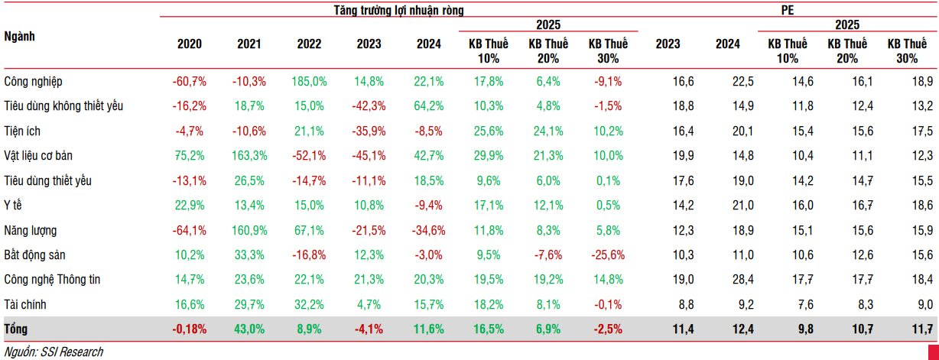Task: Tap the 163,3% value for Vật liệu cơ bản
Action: [250, 156]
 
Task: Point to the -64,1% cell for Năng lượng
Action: [189, 230]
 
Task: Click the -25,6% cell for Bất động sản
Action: [608, 255]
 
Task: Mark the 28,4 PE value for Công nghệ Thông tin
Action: [727, 280]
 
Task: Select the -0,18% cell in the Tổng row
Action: [187, 329]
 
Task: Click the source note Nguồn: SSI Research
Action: [53, 352]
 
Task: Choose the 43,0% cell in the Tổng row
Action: [249, 329]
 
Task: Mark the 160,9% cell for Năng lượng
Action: [250, 230]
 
